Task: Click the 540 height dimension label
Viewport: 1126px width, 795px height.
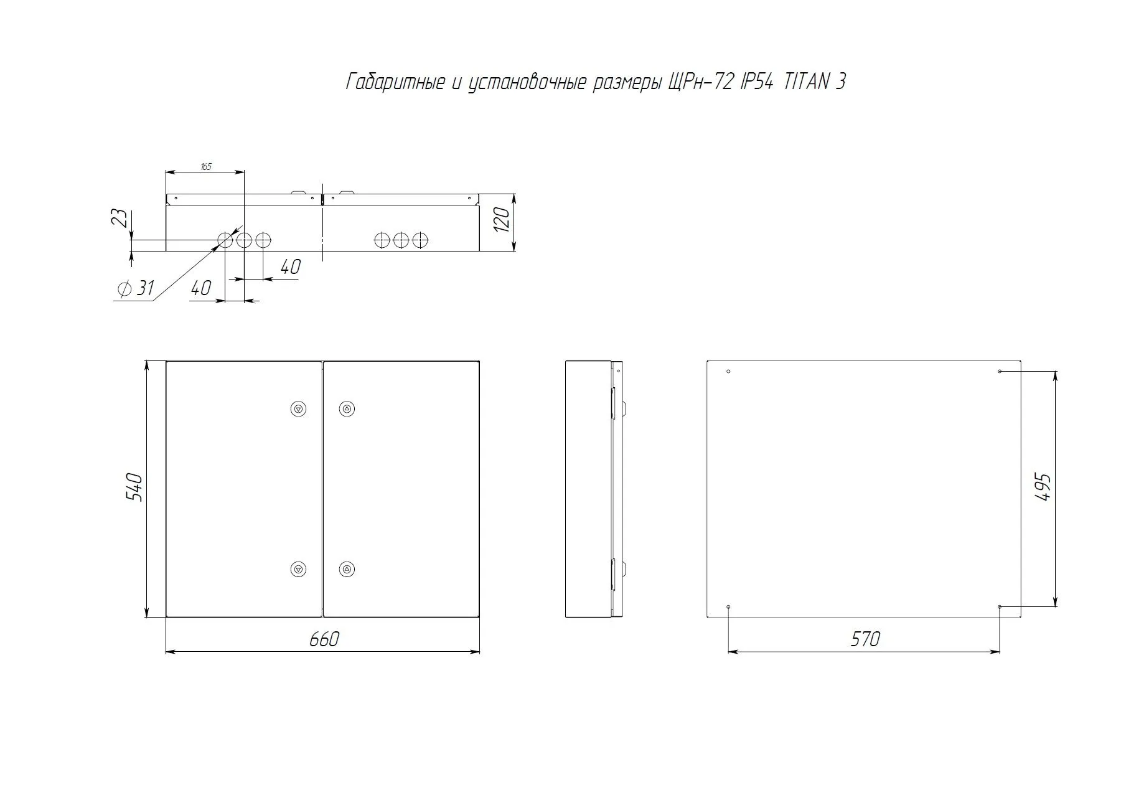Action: [x=136, y=487]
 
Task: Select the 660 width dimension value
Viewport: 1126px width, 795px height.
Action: [x=324, y=639]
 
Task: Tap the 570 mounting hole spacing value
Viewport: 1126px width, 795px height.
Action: [x=865, y=639]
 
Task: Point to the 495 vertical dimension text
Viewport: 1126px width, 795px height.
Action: [x=1042, y=487]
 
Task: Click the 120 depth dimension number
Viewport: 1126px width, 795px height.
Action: [x=501, y=220]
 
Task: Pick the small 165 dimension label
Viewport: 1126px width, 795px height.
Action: [x=205, y=167]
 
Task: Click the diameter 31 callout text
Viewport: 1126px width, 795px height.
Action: [x=136, y=288]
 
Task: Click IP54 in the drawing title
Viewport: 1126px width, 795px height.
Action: [x=758, y=82]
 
